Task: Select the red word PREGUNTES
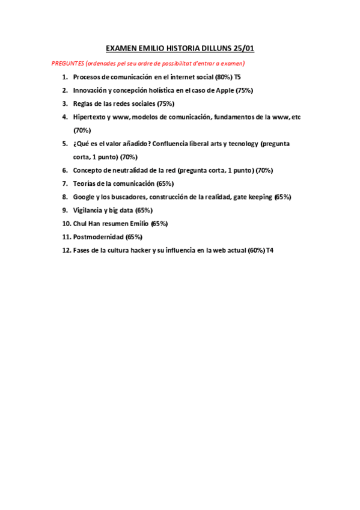67,63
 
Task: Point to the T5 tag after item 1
237,77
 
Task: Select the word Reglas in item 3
84,103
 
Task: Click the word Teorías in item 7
85,183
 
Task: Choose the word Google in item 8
85,197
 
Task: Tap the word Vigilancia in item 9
89,210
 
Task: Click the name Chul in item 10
81,223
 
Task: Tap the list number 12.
66,250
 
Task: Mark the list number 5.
65,143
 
